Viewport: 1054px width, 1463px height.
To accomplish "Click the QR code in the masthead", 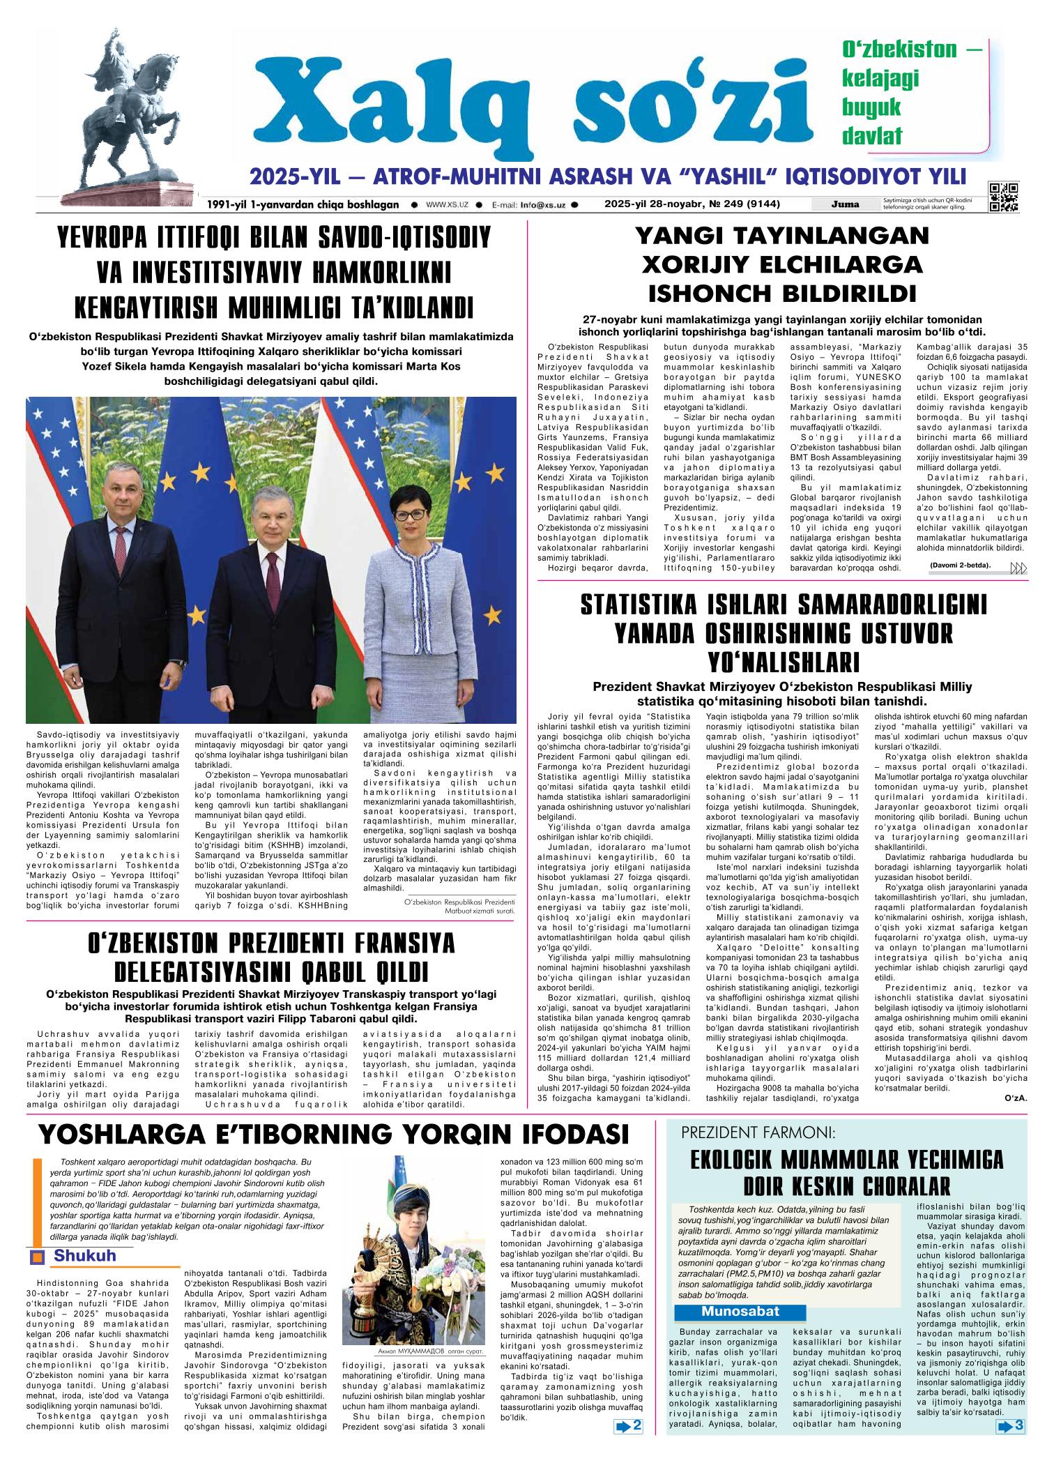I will [1003, 196].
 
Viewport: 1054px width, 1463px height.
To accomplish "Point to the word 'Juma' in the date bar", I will [845, 204].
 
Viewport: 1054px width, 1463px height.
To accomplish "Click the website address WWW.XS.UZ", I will [446, 205].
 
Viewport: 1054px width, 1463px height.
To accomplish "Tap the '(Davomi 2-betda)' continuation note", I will [960, 566].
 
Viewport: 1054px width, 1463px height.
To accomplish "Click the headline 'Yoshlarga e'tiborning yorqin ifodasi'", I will [333, 1135].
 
